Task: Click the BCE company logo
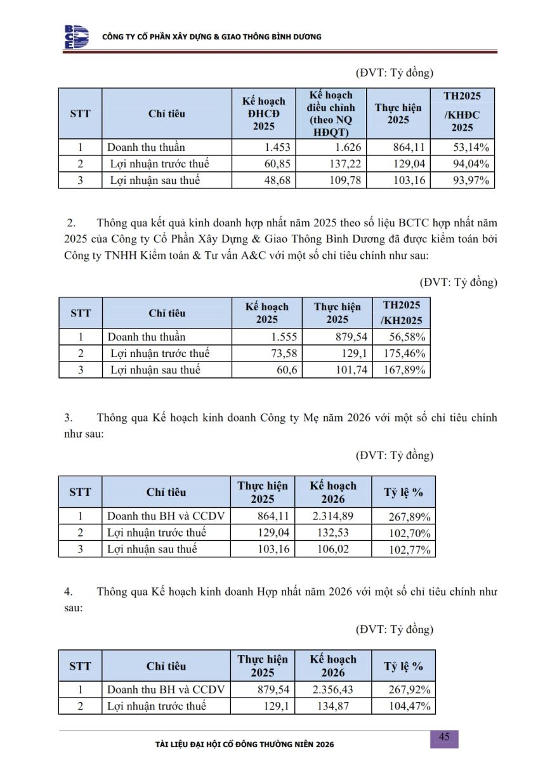76,37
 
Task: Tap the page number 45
444,737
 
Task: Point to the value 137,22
346,164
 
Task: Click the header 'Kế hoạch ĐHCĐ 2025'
264,114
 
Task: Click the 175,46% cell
404,354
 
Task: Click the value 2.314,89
333,516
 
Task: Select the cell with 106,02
333,549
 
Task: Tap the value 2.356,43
333,690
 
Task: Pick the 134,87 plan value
333,706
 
